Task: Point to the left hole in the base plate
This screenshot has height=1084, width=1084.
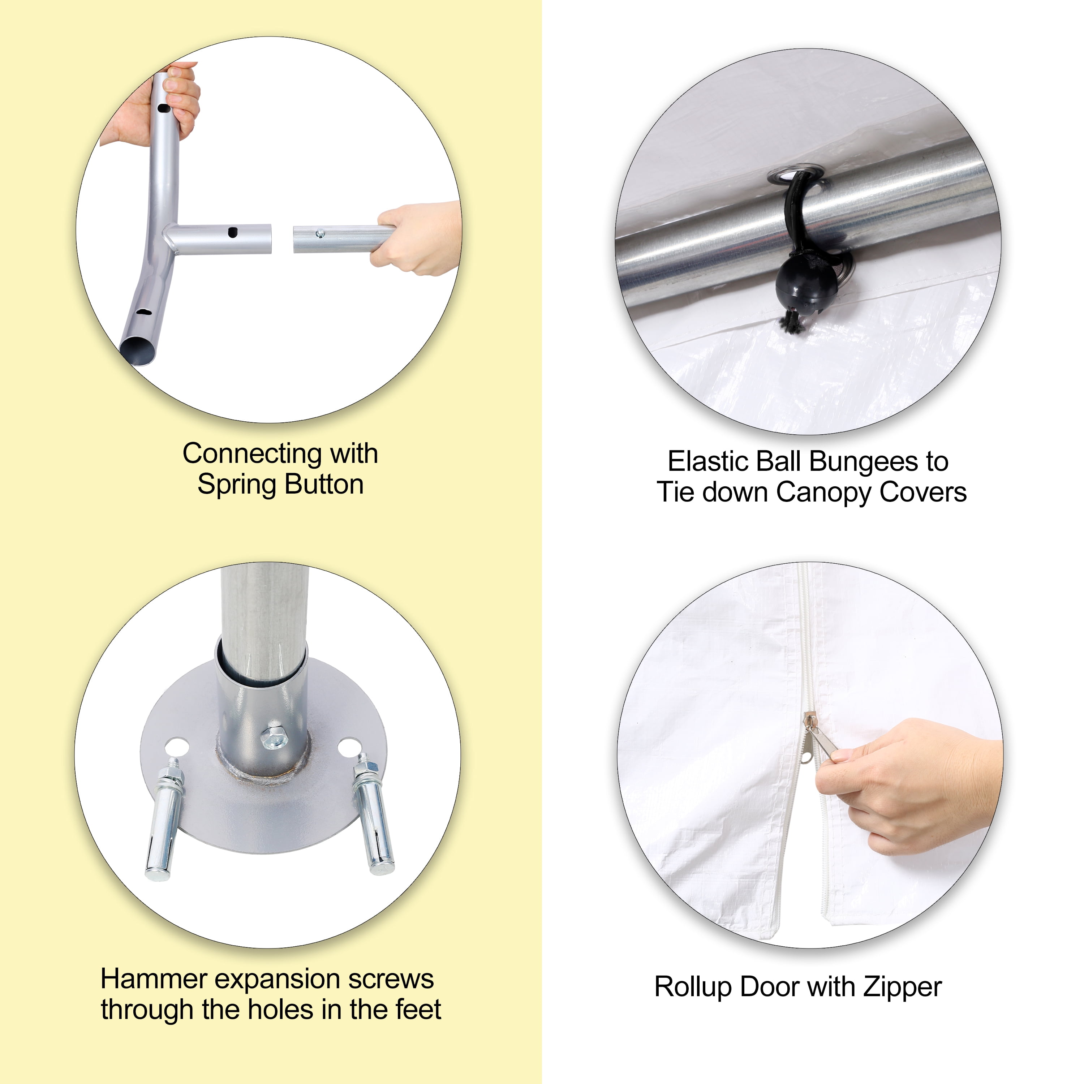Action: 178,747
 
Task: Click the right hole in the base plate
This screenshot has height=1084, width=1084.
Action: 349,747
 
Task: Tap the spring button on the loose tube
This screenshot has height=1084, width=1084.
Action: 320,233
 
